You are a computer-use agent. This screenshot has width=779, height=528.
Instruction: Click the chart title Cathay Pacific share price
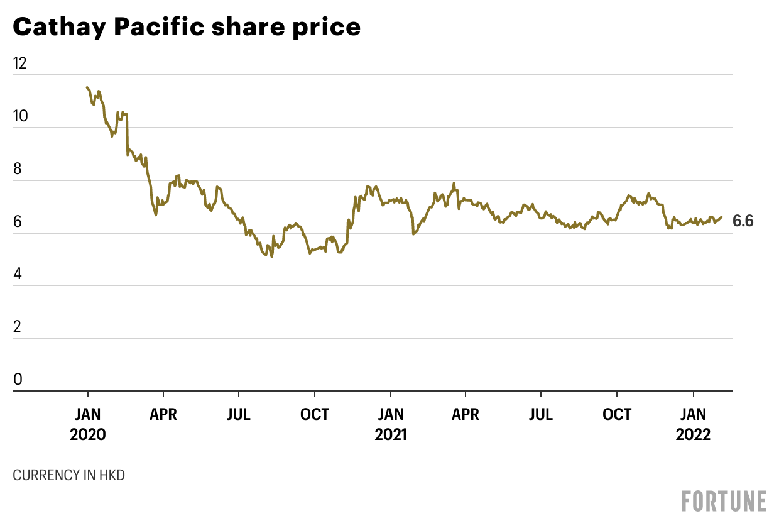(x=187, y=27)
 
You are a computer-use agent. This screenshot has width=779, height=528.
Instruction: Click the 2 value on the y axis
(x=18, y=327)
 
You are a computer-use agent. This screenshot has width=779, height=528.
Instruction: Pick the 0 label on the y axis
(x=18, y=380)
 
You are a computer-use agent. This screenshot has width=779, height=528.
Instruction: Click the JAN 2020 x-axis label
(x=88, y=424)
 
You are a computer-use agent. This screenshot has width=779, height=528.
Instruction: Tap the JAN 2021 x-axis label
(x=390, y=424)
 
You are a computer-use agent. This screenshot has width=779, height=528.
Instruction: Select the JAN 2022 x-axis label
(x=694, y=424)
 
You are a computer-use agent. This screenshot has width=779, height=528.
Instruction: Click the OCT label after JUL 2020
(x=314, y=415)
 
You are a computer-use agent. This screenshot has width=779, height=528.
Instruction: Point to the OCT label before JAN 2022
(x=617, y=415)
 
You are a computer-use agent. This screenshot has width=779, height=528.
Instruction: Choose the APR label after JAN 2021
(x=466, y=415)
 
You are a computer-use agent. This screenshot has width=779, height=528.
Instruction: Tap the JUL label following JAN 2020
(x=239, y=415)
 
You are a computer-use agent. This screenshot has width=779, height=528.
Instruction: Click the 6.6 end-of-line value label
(x=743, y=221)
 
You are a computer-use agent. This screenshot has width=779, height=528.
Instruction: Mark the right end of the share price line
(x=722, y=217)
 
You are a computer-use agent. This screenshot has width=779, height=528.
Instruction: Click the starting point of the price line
(x=87, y=87)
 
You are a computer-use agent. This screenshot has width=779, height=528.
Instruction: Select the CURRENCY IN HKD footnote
(x=68, y=475)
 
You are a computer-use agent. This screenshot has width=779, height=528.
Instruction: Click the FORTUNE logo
(x=724, y=501)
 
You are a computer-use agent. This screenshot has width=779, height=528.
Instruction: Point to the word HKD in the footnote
(x=112, y=475)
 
